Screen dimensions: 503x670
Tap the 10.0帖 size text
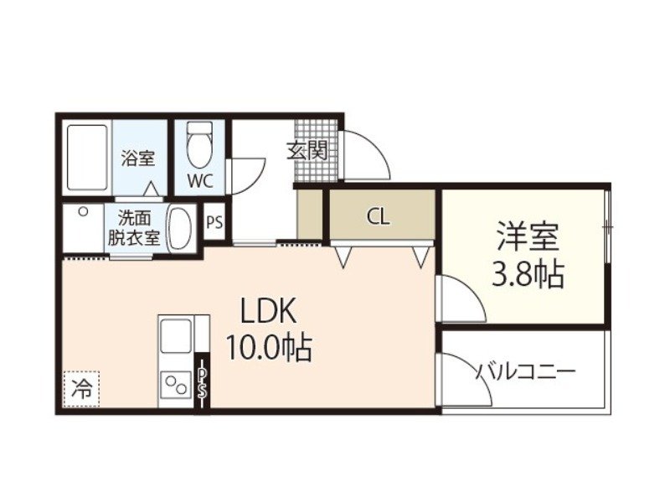tap(268, 345)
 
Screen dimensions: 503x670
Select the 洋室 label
tap(527, 237)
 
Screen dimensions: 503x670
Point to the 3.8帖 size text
tap(527, 274)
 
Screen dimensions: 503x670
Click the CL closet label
tap(378, 217)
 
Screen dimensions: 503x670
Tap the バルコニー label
tap(526, 371)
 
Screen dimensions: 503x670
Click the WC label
tap(199, 180)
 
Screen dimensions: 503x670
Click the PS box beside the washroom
tap(214, 223)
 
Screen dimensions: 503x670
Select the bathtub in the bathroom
tap(88, 158)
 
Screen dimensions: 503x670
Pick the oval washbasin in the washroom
tap(180, 227)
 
